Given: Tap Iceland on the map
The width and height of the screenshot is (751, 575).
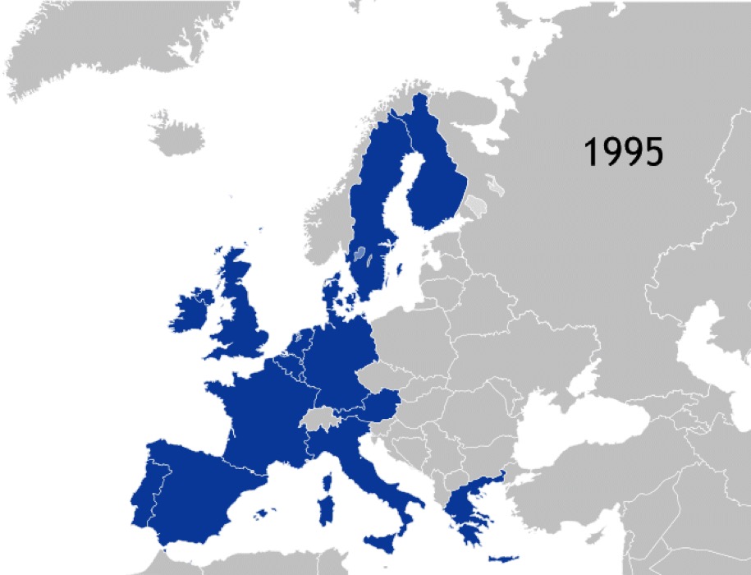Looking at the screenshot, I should click(x=176, y=134).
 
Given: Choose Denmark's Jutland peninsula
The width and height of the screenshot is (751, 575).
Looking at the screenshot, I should click(x=332, y=292).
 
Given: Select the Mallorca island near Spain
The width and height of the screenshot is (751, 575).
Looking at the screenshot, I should click(x=262, y=513).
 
